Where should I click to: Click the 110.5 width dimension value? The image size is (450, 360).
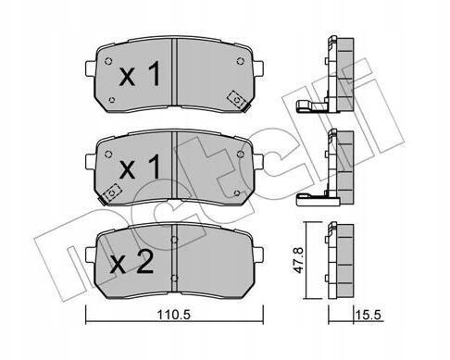pos(174,315)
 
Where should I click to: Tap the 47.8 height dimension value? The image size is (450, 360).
pos(298,259)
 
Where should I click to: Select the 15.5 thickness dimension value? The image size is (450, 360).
pos(369,316)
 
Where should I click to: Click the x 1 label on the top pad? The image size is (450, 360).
pos(140,73)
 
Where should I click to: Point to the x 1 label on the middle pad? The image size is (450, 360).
pos(140,167)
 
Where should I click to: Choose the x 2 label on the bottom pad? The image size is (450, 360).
pos(131,262)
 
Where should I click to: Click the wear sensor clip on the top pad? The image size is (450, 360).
pos(238,100)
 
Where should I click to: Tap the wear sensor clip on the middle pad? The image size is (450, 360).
pos(110,193)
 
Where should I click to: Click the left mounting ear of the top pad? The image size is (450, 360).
pos(90,68)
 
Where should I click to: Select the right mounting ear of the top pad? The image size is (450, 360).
pos(258,68)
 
